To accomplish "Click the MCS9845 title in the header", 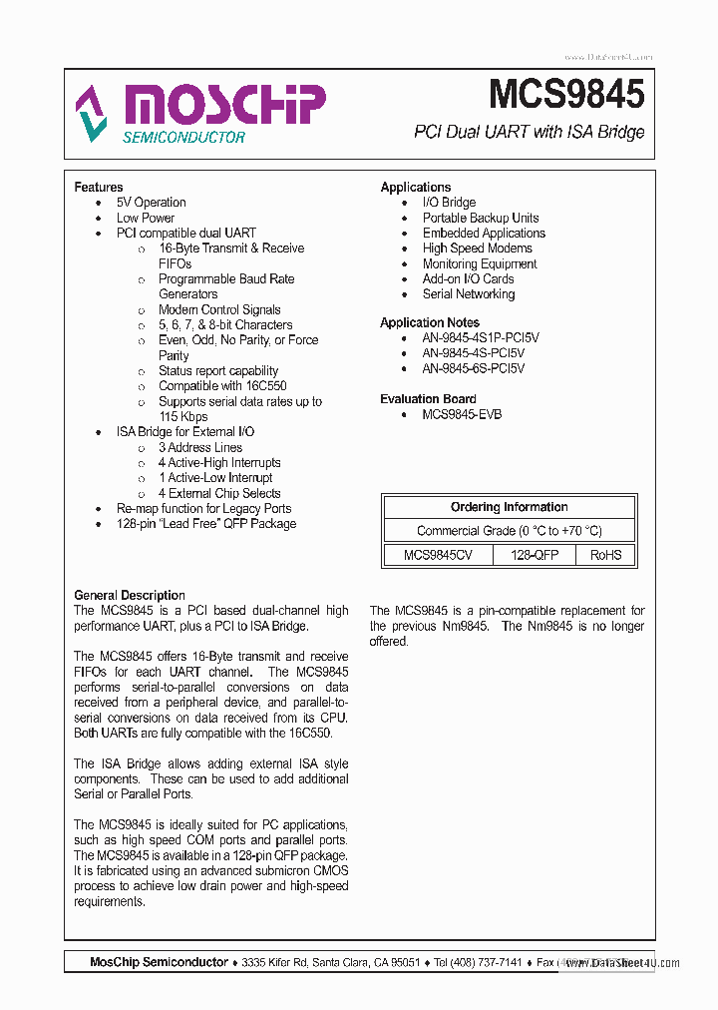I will [x=565, y=94].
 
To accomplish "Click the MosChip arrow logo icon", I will [x=91, y=113].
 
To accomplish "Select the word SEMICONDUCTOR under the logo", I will [x=183, y=137].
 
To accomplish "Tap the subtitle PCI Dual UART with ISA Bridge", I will [x=529, y=132].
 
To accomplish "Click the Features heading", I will [x=99, y=187].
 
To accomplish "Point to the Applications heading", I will [x=415, y=187].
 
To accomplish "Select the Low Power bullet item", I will [x=145, y=218].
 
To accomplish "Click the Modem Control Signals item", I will [x=219, y=309].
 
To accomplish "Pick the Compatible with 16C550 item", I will [x=222, y=386].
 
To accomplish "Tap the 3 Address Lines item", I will [x=199, y=447].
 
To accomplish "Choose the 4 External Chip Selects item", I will [x=219, y=493].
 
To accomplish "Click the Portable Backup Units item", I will [x=480, y=218].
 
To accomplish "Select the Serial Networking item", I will [x=468, y=294].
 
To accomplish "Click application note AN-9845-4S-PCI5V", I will [x=473, y=353].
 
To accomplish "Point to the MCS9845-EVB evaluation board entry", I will [x=462, y=414].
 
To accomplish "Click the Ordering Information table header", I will [x=509, y=507].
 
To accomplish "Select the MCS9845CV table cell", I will [x=438, y=555].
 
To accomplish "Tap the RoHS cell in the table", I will [x=605, y=555].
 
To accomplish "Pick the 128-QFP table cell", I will [x=534, y=555].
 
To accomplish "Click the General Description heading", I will [x=130, y=595].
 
